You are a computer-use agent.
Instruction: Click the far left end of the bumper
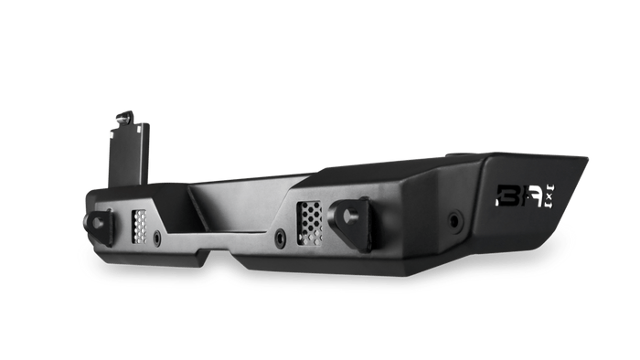[87, 206]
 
